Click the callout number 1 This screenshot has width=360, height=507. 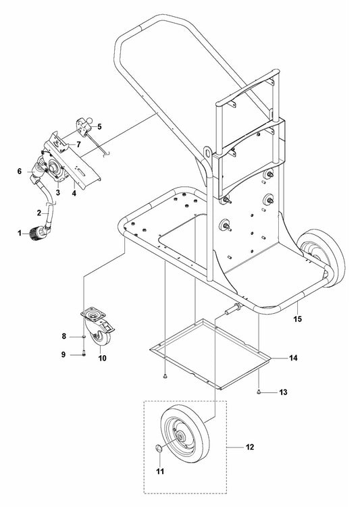tap(20, 233)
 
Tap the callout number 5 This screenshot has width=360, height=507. tap(99, 126)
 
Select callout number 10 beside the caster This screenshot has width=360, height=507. tap(103, 358)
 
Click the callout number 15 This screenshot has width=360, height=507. tap(297, 317)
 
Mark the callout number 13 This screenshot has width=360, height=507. tap(284, 392)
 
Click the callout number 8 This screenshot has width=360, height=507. tap(64, 336)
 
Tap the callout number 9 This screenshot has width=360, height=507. tap(64, 354)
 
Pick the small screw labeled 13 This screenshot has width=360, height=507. tap(260, 391)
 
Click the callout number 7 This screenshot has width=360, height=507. tap(78, 144)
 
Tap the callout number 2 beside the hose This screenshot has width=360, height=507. tap(39, 211)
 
